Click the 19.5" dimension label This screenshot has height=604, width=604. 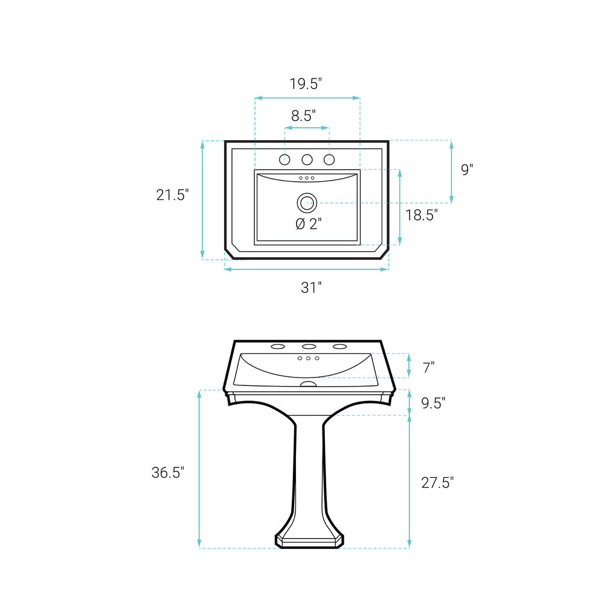pyautogui.click(x=306, y=83)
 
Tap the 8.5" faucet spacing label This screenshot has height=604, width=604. pyautogui.click(x=303, y=115)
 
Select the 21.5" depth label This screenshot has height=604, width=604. pyautogui.click(x=172, y=195)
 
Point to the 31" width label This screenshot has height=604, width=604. pyautogui.click(x=311, y=288)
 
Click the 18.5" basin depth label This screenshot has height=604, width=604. pyautogui.click(x=422, y=215)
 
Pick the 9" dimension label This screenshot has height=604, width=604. pyautogui.click(x=467, y=170)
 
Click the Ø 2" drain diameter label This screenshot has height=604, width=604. pyautogui.click(x=309, y=224)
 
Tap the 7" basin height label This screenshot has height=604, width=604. pyautogui.click(x=429, y=368)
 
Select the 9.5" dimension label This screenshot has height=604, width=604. pyautogui.click(x=433, y=403)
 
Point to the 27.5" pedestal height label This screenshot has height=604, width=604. pyautogui.click(x=437, y=482)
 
